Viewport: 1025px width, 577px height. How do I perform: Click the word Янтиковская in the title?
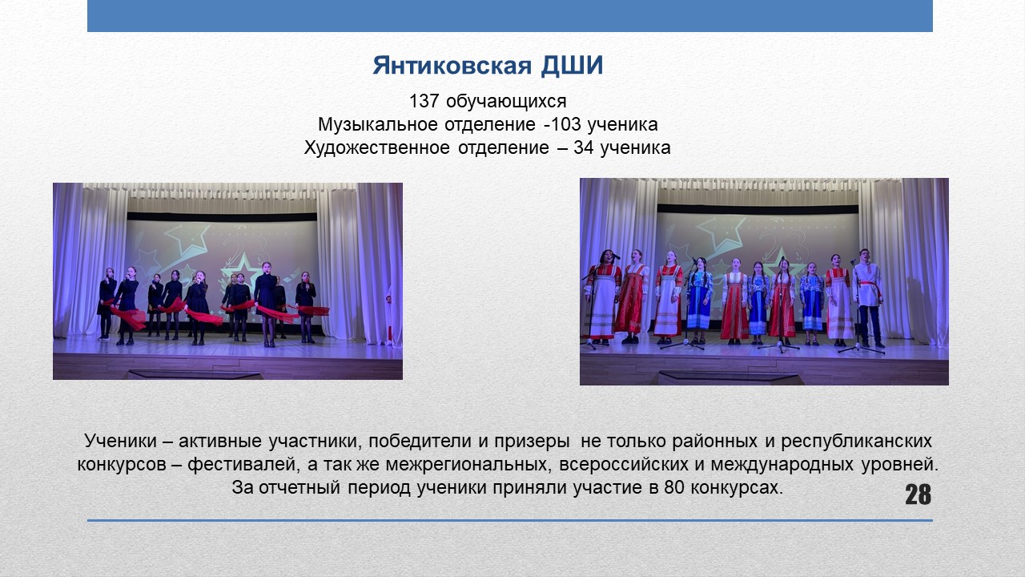(452, 66)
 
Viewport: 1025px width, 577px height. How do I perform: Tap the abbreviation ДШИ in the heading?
(572, 67)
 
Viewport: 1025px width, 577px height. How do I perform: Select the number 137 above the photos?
(424, 101)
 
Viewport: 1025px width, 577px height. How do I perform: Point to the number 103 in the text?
(565, 124)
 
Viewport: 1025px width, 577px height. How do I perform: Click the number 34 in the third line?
(584, 148)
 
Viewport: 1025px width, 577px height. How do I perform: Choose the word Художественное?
(376, 148)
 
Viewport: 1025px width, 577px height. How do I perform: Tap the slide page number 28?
(918, 494)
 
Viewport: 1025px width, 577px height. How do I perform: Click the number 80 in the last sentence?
(674, 488)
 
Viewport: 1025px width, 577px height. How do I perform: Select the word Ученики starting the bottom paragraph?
(121, 441)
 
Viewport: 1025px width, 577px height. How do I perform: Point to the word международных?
(782, 465)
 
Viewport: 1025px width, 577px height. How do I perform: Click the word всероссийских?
(623, 464)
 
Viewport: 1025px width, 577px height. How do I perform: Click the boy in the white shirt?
(867, 297)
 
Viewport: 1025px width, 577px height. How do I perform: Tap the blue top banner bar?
(510, 16)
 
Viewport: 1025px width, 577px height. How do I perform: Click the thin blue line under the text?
(510, 521)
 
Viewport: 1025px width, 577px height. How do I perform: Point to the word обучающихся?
(506, 102)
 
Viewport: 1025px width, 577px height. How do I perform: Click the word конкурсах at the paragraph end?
(737, 488)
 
